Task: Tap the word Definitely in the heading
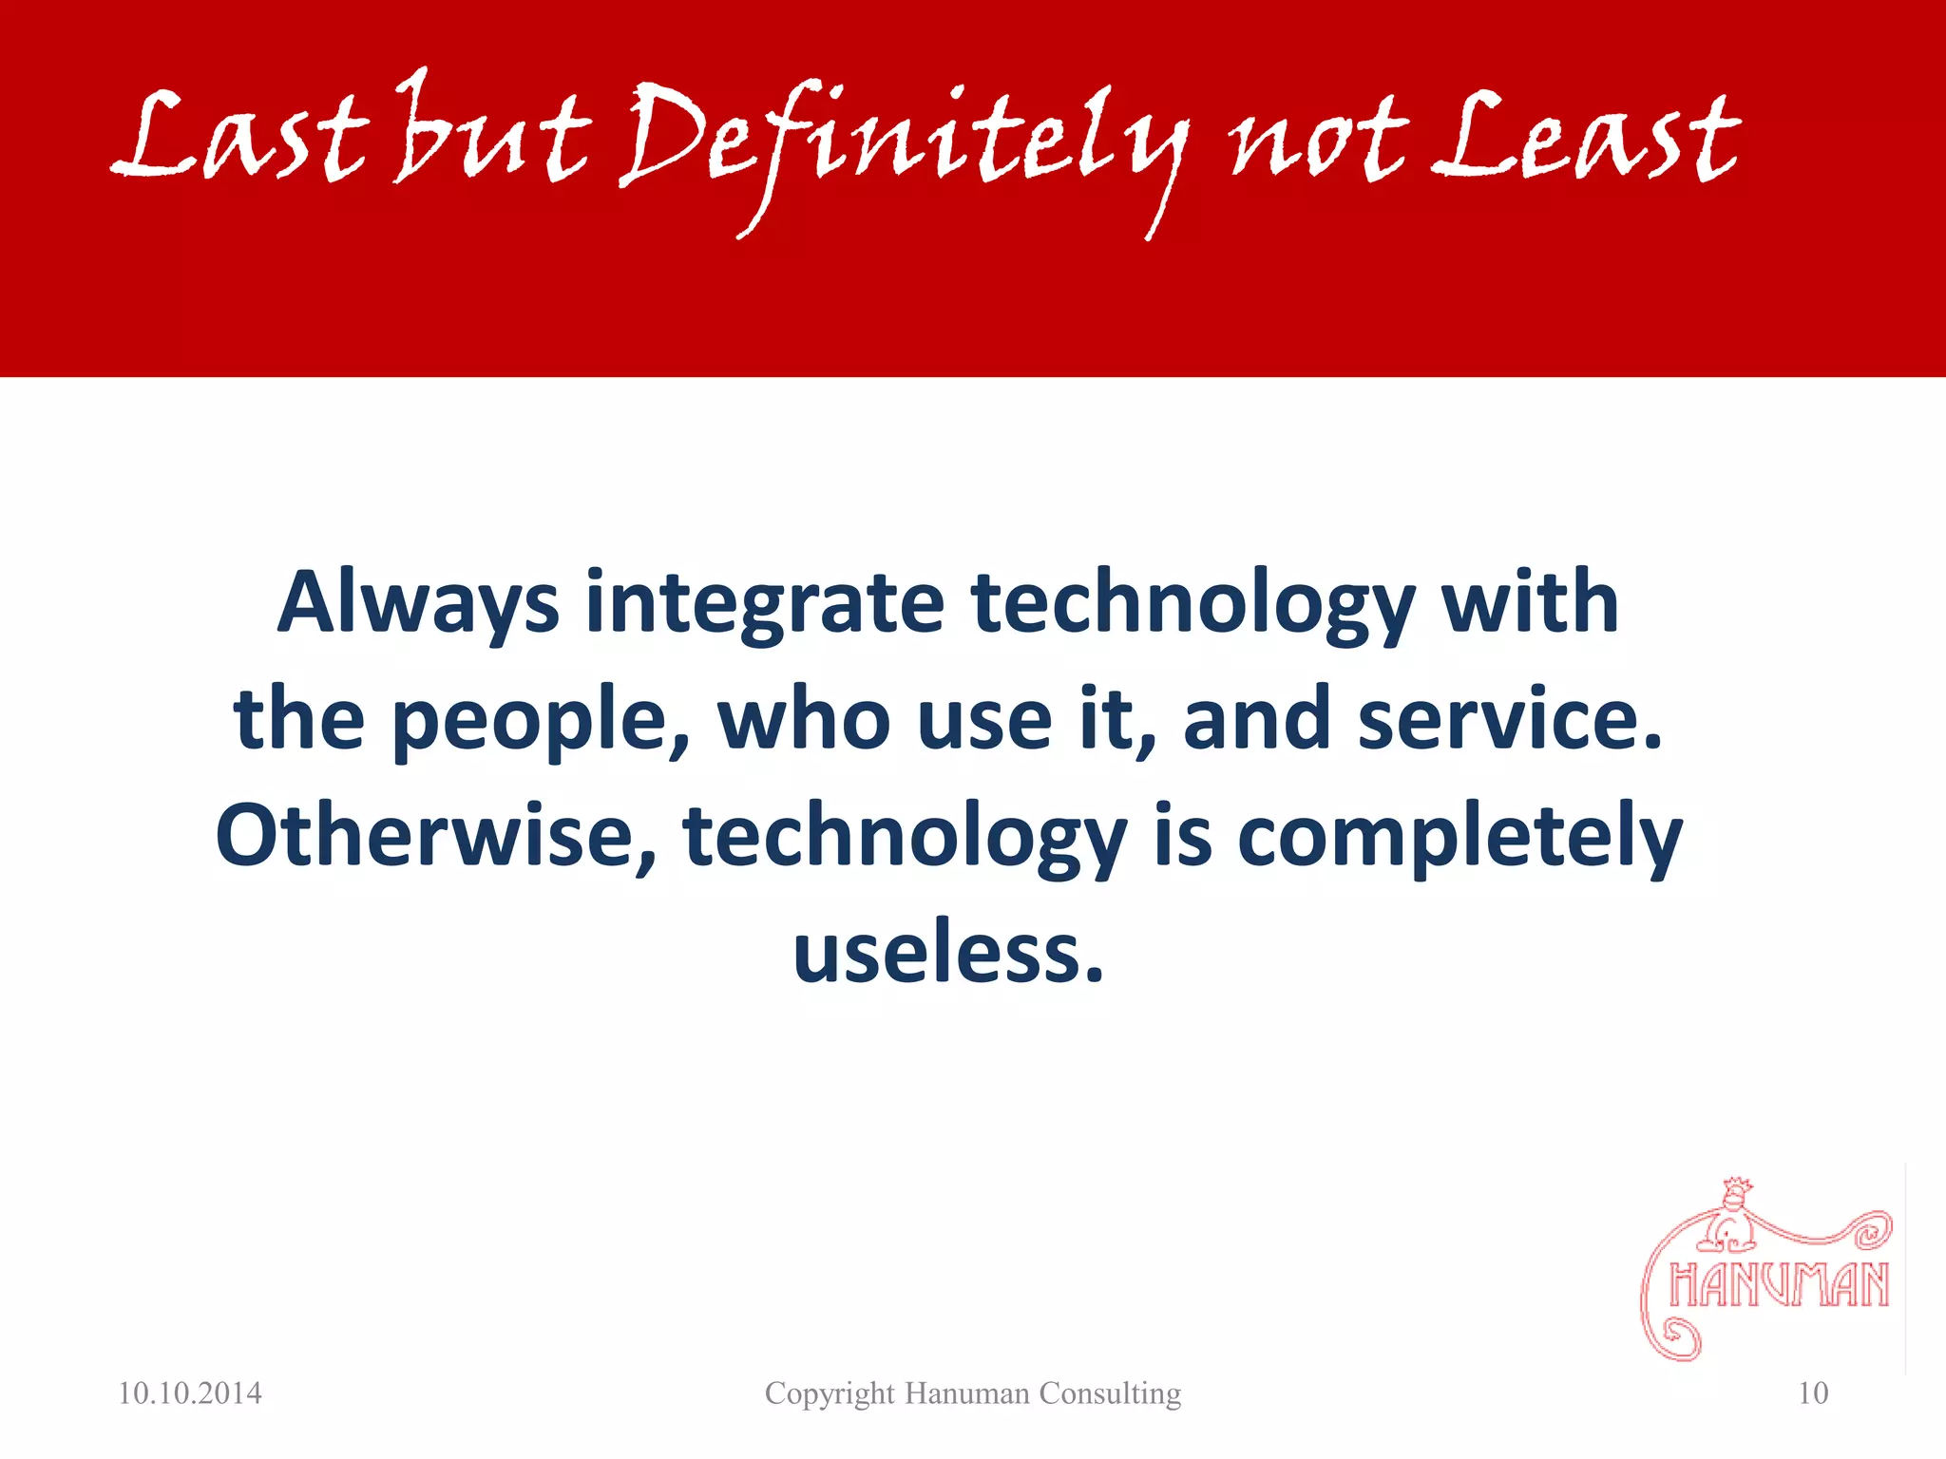click(903, 142)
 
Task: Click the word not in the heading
click(1316, 142)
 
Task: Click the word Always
click(418, 604)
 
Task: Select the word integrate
click(765, 604)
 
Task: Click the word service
click(1511, 719)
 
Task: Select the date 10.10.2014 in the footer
click(190, 1393)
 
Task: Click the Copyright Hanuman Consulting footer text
click(973, 1393)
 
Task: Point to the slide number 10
click(1813, 1393)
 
